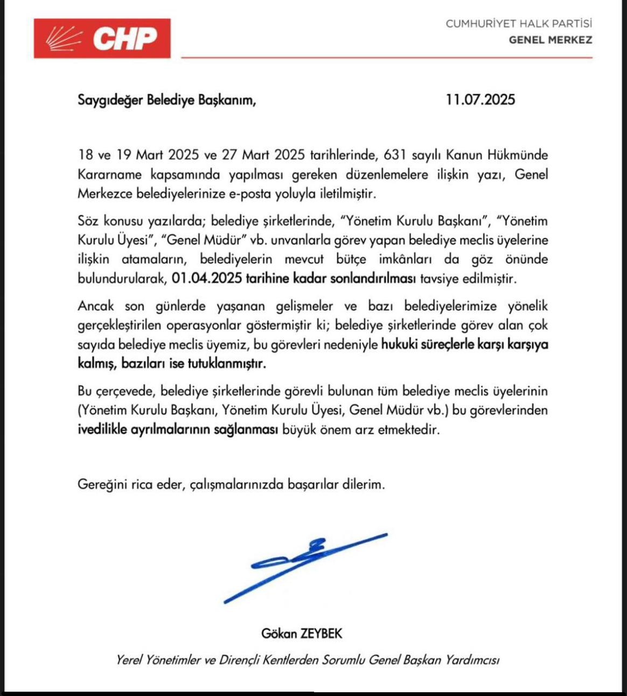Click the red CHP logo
coord(102,38)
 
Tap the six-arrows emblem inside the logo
coord(64,38)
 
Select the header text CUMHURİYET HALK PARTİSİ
coord(518,24)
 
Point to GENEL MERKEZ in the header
coord(550,40)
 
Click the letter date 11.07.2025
coord(480,100)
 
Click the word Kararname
coord(110,175)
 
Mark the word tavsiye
coord(441,279)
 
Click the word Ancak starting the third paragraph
coord(96,306)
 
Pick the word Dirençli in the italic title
coord(239,660)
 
